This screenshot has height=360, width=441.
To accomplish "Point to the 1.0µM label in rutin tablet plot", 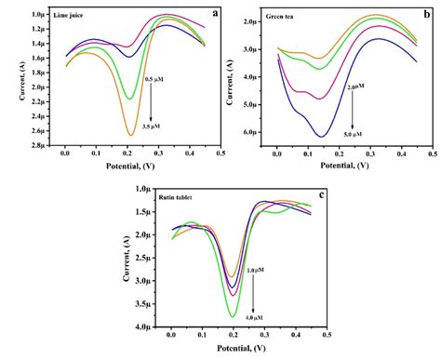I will point(257,270).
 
